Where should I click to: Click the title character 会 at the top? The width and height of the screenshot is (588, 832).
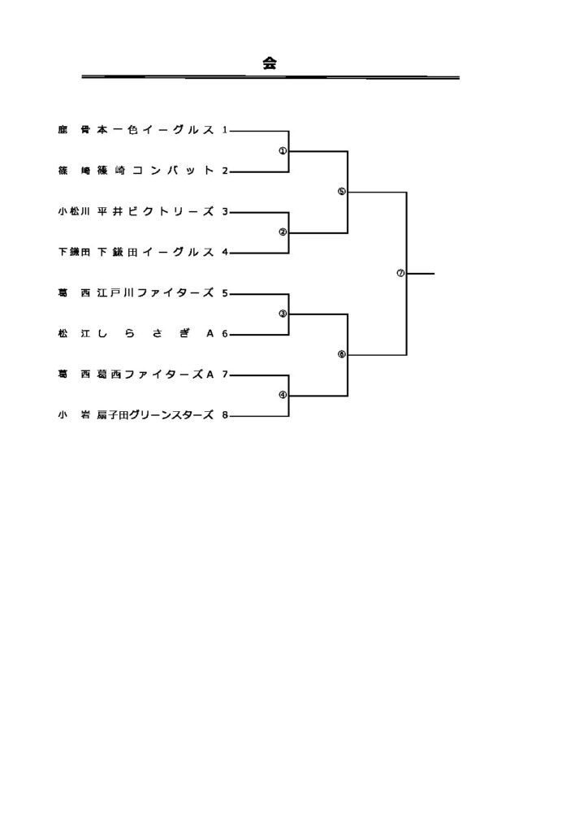pyautogui.click(x=270, y=63)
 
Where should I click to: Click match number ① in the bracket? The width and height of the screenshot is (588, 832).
pyautogui.click(x=283, y=150)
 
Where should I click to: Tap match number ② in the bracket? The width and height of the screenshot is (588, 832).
pyautogui.click(x=283, y=232)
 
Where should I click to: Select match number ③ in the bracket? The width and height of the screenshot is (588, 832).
pyautogui.click(x=283, y=314)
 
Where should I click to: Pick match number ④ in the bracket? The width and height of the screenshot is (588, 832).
pyautogui.click(x=283, y=395)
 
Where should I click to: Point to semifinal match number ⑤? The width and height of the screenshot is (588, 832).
pyautogui.click(x=341, y=192)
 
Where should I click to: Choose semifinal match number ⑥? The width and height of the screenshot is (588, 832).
pyautogui.click(x=341, y=354)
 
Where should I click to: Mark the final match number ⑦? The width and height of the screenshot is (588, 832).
pyautogui.click(x=400, y=273)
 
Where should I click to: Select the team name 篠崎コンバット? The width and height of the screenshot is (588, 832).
pyautogui.click(x=155, y=171)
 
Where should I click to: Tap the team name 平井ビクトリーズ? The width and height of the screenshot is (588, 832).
pyautogui.click(x=155, y=211)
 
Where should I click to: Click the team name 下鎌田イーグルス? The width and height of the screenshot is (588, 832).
pyautogui.click(x=155, y=252)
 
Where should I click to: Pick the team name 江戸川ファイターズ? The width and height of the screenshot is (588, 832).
pyautogui.click(x=155, y=292)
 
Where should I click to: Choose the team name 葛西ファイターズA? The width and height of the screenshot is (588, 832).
pyautogui.click(x=155, y=375)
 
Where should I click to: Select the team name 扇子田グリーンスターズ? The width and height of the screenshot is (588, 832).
pyautogui.click(x=155, y=415)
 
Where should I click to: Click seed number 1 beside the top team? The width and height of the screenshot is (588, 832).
pyautogui.click(x=224, y=130)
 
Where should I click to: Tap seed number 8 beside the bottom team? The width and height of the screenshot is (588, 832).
pyautogui.click(x=224, y=415)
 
